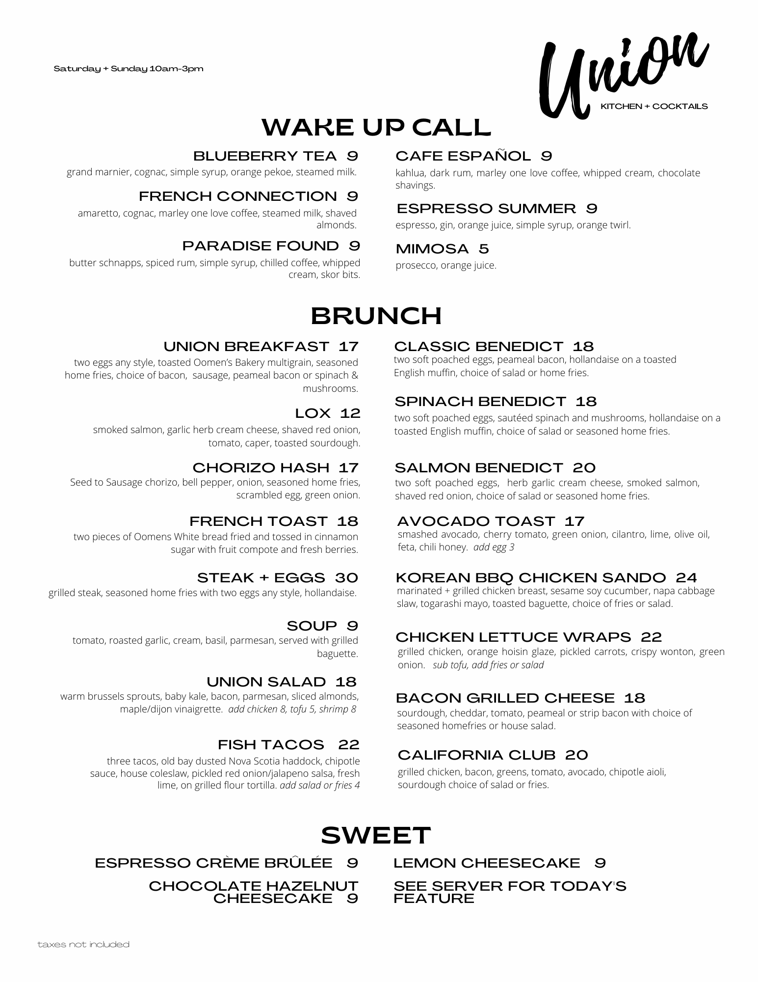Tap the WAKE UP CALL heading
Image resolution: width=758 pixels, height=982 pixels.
point(376,127)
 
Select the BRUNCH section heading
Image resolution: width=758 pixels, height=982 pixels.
point(376,316)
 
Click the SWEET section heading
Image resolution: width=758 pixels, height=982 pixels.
point(376,835)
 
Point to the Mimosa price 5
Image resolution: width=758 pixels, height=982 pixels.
point(484,249)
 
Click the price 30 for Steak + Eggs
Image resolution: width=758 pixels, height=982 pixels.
point(346,577)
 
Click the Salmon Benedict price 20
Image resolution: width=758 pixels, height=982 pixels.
point(583,467)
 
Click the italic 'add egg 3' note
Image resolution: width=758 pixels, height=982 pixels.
point(494,547)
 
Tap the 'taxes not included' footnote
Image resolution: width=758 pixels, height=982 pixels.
point(83,945)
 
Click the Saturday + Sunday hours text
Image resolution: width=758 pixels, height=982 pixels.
point(129,69)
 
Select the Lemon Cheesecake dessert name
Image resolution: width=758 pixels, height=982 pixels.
point(487,863)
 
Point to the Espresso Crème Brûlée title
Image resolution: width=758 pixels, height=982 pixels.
point(213,863)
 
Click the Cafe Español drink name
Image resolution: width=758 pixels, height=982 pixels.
point(463,156)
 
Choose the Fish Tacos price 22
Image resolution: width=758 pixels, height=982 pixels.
point(349,745)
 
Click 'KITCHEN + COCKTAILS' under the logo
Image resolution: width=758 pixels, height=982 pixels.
point(654,106)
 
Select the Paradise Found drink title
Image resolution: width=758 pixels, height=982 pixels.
point(260,245)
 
